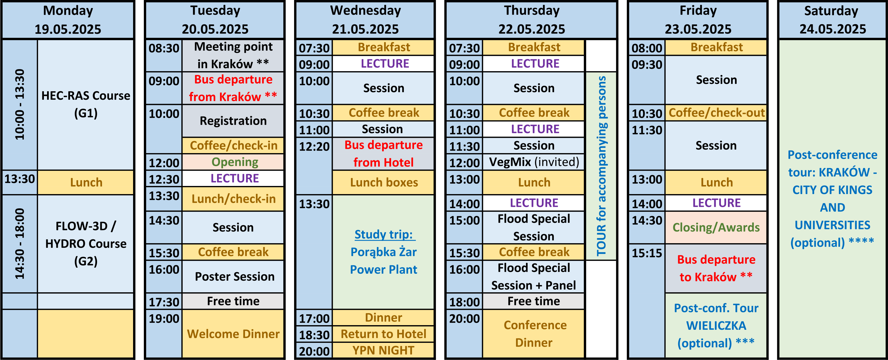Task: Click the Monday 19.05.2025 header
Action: (68, 20)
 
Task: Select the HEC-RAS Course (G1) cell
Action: (85, 105)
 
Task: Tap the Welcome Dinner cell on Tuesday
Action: (233, 334)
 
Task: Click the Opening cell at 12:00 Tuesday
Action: (233, 162)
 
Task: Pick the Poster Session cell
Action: (233, 276)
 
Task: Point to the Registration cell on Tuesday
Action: (233, 121)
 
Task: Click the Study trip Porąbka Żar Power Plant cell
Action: (383, 252)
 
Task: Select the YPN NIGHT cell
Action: (383, 350)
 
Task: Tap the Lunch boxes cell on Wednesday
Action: (383, 182)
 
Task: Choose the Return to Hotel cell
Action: (383, 334)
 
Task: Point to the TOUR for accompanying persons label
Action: (601, 166)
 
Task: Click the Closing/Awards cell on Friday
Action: (716, 227)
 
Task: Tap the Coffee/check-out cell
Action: (716, 112)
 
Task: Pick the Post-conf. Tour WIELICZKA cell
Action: (716, 325)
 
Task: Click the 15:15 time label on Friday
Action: (647, 253)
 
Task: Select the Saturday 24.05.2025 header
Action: (832, 20)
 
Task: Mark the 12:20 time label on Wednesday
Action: (314, 146)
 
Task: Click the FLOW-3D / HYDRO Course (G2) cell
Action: (85, 243)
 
